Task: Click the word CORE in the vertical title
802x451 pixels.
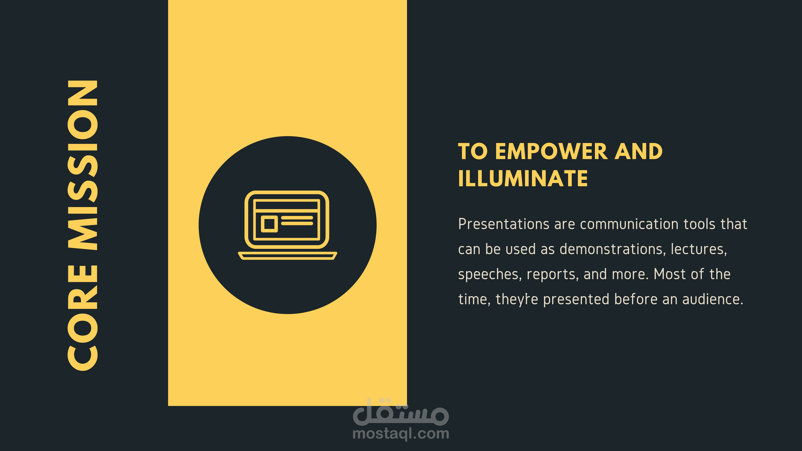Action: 82,318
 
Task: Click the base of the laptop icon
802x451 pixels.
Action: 287,255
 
